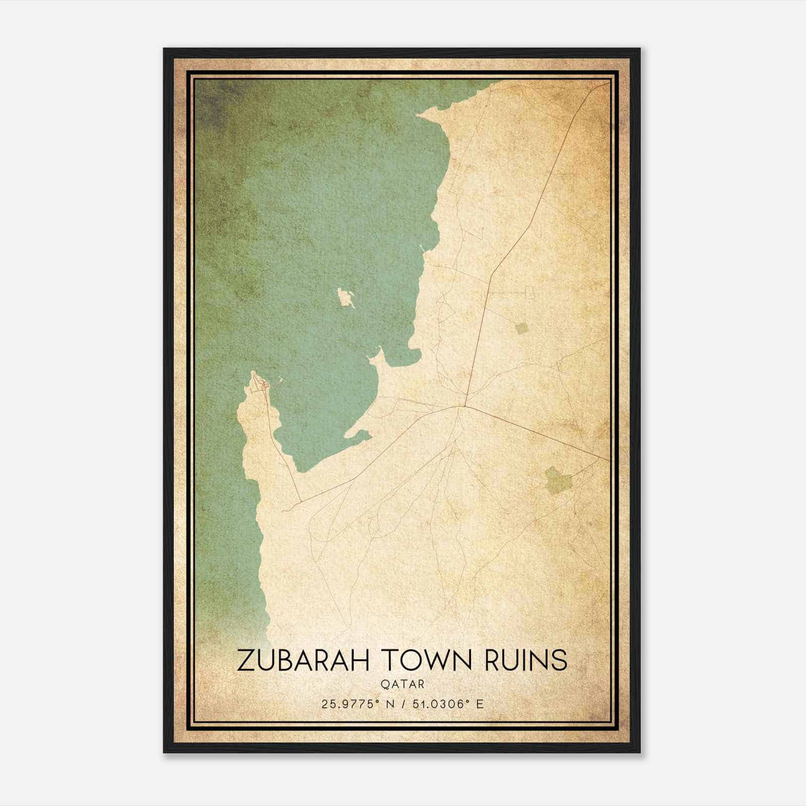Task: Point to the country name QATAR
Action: pos(402,685)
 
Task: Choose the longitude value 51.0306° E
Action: pos(448,704)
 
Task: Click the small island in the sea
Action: pos(346,298)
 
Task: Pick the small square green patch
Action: pos(522,328)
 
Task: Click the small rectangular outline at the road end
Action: pos(529,291)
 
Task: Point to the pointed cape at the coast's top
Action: pos(421,117)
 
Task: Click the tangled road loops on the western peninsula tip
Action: pos(263,385)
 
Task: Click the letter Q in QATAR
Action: pos(386,685)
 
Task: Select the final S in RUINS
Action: pos(559,660)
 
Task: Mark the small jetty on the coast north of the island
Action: pos(422,248)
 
